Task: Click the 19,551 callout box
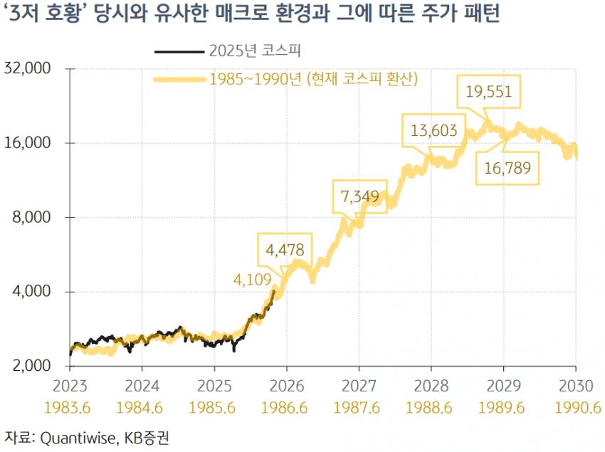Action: [x=488, y=93]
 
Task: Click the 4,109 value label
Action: [x=253, y=280]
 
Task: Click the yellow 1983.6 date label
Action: [x=70, y=409]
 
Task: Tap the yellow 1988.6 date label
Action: [x=431, y=409]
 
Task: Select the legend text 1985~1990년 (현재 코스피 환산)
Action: [x=313, y=78]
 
